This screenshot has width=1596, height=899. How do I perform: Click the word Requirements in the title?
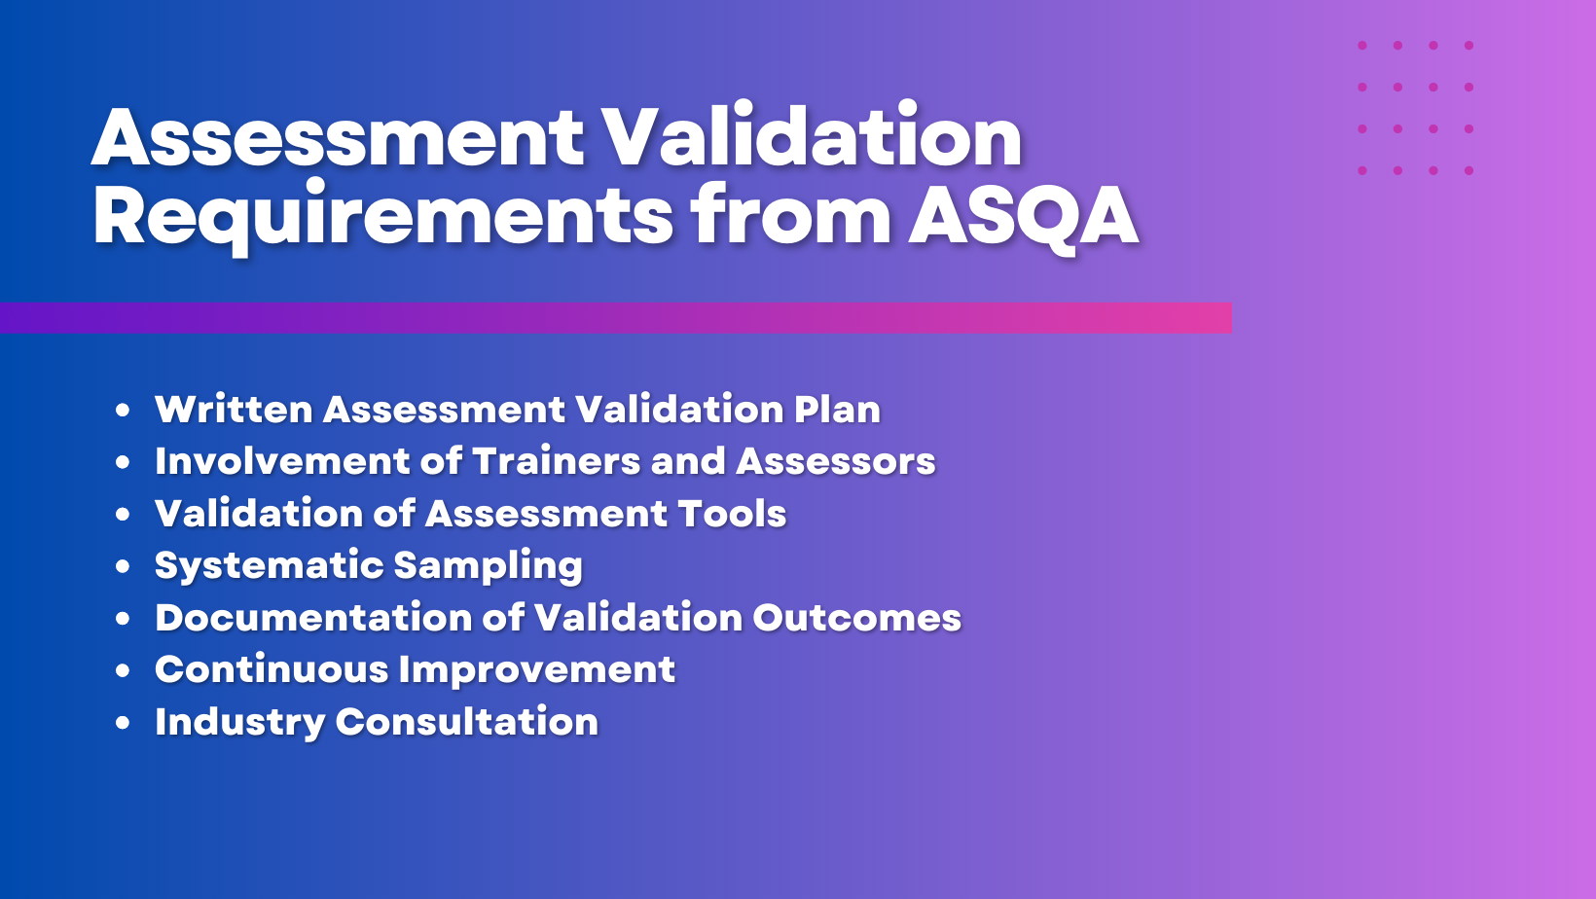tap(382, 217)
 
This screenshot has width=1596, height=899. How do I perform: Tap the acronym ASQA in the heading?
tap(1023, 215)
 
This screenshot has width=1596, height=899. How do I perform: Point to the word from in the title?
tap(791, 214)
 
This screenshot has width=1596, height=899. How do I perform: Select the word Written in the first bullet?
tap(234, 409)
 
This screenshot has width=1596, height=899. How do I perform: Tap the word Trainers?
tap(557, 461)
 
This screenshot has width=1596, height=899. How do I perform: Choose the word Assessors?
tap(836, 461)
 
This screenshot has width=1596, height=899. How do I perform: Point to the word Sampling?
tap(489, 566)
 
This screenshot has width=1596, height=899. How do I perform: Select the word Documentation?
tap(313, 617)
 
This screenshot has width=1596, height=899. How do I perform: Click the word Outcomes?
tap(857, 617)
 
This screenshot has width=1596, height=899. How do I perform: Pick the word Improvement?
tap(536, 670)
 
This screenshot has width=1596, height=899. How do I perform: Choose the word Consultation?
tap(467, 721)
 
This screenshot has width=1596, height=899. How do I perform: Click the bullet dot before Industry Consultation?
tap(123, 722)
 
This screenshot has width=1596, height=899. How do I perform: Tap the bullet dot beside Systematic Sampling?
tap(123, 566)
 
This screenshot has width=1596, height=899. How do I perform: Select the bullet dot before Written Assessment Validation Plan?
tap(123, 410)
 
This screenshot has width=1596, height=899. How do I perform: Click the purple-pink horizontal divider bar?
tap(616, 318)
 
